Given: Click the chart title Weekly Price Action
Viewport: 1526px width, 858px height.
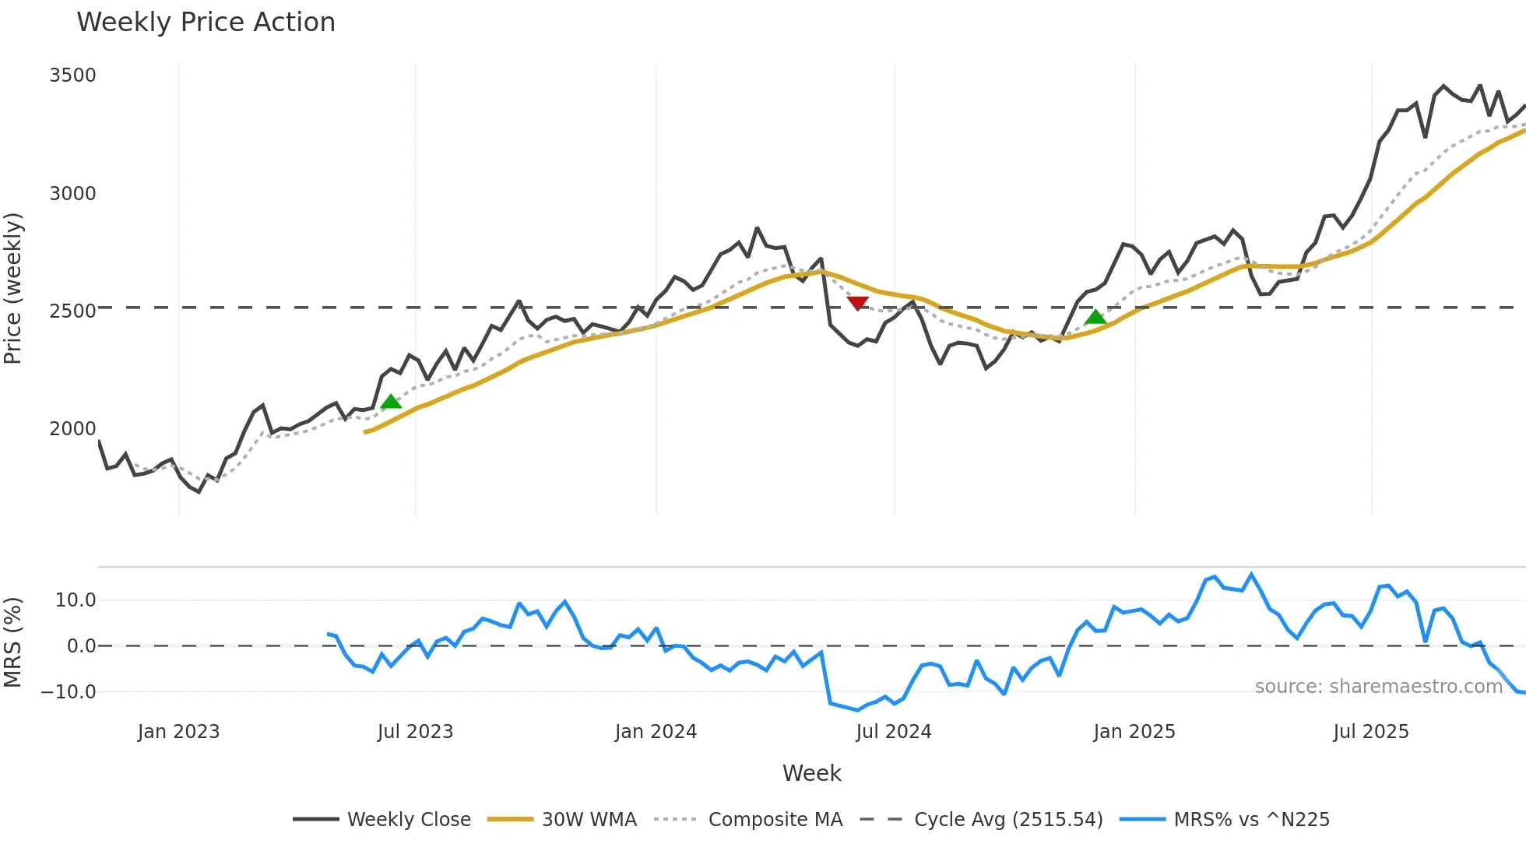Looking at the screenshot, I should (x=206, y=23).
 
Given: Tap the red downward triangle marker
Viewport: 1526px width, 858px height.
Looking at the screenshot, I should (x=857, y=303).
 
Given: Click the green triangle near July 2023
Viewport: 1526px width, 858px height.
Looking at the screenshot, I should (x=391, y=402).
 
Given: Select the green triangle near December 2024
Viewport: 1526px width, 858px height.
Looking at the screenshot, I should (x=1095, y=316).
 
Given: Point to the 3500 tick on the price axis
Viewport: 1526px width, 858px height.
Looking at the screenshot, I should (x=72, y=76).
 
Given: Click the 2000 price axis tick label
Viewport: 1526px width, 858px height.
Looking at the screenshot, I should (x=72, y=429).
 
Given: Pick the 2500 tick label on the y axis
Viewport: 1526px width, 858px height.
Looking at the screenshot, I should (x=72, y=311).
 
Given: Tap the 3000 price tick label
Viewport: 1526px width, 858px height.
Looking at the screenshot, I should (x=72, y=194).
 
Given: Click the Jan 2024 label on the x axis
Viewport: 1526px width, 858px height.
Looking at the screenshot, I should (x=656, y=732).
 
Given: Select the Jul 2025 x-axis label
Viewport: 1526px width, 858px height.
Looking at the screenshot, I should (x=1370, y=732).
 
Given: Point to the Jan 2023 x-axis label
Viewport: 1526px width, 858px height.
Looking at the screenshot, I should (x=178, y=732).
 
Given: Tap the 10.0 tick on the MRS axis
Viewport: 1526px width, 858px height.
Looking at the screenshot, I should (x=76, y=600).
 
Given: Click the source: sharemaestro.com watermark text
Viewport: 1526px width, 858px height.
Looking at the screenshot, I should (x=1378, y=687).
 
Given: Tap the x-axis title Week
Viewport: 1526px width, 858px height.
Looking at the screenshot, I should (x=811, y=773).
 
